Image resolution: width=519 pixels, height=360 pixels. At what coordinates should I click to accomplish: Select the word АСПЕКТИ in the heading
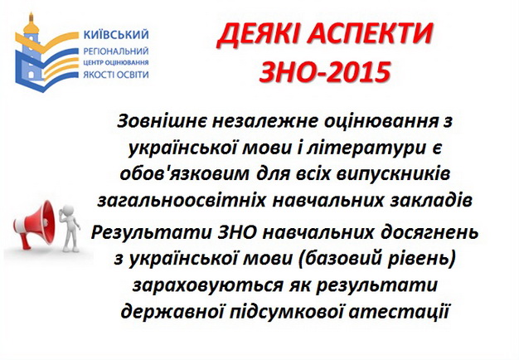point(370,35)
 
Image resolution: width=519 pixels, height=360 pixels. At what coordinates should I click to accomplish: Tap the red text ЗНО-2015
point(325,71)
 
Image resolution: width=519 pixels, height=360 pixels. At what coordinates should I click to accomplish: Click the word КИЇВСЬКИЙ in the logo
point(116,35)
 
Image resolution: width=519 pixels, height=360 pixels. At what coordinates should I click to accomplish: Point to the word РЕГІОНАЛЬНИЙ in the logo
point(116,51)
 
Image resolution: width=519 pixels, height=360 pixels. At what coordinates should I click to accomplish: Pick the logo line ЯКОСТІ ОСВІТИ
point(116,75)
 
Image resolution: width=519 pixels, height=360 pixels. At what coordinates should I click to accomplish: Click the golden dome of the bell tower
point(32,25)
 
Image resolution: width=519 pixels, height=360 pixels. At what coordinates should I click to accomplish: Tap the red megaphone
point(34,225)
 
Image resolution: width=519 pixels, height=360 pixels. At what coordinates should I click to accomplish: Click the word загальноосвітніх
point(182,201)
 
